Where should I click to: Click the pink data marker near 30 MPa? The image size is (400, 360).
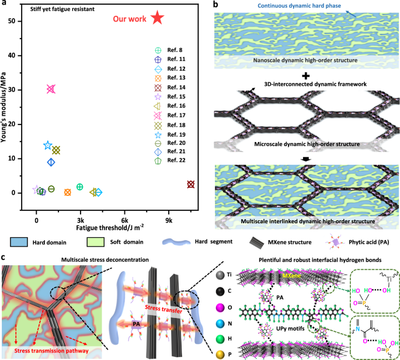pos(51,89)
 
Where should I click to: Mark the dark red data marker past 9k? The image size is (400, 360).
pos(190,184)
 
